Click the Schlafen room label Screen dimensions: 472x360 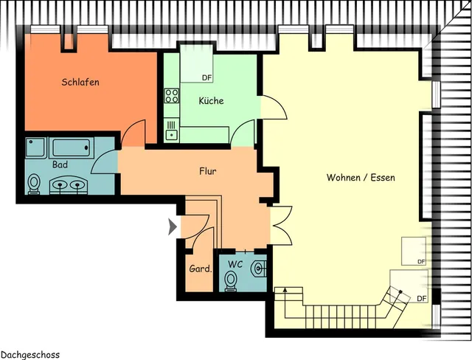80,82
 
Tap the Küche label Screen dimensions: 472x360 212,100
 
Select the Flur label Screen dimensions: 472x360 208,171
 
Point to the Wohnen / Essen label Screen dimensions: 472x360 361,177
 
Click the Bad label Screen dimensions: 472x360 60,165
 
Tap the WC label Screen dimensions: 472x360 235,264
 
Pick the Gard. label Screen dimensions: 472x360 201,269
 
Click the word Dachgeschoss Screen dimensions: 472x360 30,355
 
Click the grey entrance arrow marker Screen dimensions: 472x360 173,226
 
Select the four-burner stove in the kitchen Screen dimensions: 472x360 172,96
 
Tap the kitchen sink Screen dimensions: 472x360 172,131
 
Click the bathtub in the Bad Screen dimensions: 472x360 71,148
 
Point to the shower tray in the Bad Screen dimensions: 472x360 36,148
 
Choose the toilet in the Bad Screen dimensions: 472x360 34,184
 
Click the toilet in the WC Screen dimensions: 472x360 231,281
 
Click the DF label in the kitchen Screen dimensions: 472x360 206,78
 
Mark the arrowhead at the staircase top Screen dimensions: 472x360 285,290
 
